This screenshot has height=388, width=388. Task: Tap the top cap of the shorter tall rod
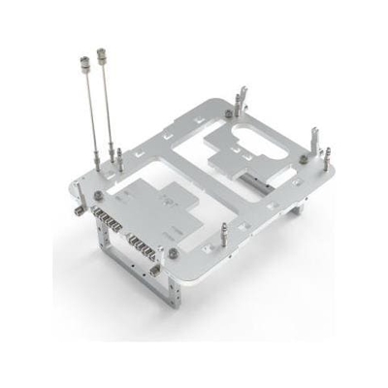pos(82,60)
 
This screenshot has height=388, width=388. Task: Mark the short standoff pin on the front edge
pos(223,233)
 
